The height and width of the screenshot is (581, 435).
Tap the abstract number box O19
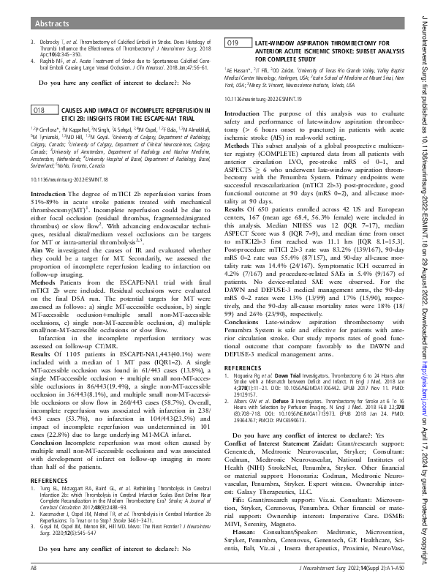coord(233,45)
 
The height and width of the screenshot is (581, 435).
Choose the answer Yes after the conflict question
coord(381,454)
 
